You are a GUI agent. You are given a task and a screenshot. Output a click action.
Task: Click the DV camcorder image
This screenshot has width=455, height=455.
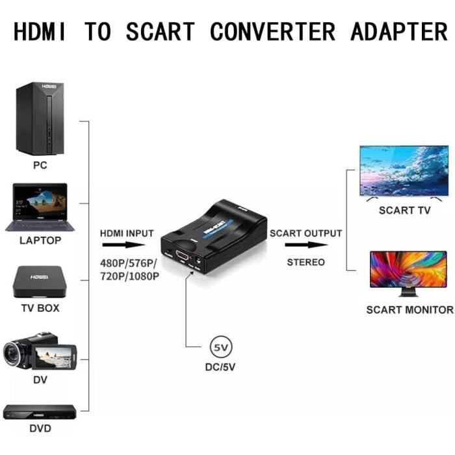coord(39,354)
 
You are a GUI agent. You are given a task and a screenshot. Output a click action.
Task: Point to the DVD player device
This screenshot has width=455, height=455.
coord(40,411)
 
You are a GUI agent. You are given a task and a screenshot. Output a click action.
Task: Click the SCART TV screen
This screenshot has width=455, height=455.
coord(404,170)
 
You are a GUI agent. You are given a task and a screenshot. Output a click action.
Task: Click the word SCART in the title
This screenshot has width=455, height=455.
coord(160,31)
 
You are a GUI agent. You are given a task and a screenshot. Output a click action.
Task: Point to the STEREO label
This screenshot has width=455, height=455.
coord(305,262)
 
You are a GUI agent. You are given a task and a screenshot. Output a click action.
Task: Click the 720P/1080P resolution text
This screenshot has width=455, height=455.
coord(129,276)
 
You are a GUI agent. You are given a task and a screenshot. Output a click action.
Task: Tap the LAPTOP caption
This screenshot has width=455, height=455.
coord(40,240)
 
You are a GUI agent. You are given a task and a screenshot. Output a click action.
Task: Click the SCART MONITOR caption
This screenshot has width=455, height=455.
coord(409,309)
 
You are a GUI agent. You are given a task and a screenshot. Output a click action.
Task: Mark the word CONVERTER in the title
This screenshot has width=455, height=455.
coord(273,31)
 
